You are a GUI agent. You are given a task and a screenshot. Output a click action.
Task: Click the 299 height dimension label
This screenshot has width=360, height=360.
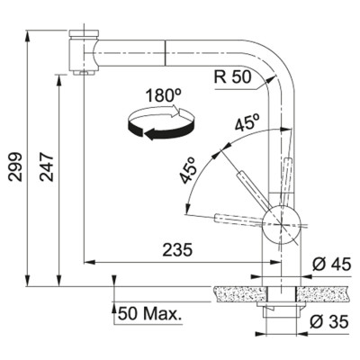(15, 166)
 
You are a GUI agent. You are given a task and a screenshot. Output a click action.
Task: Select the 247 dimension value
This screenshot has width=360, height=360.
(47, 167)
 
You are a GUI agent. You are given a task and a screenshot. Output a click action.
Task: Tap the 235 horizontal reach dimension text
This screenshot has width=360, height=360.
(177, 250)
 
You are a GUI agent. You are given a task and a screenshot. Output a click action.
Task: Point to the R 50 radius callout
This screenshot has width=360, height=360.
(232, 76)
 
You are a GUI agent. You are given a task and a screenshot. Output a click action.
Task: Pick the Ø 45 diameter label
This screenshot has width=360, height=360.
(331, 265)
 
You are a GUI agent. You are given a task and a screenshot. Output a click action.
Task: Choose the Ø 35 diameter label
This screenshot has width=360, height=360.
(329, 322)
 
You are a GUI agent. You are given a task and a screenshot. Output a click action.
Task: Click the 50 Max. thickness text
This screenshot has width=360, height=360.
(150, 314)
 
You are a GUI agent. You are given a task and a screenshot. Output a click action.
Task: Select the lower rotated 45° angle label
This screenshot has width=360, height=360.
(190, 169)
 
